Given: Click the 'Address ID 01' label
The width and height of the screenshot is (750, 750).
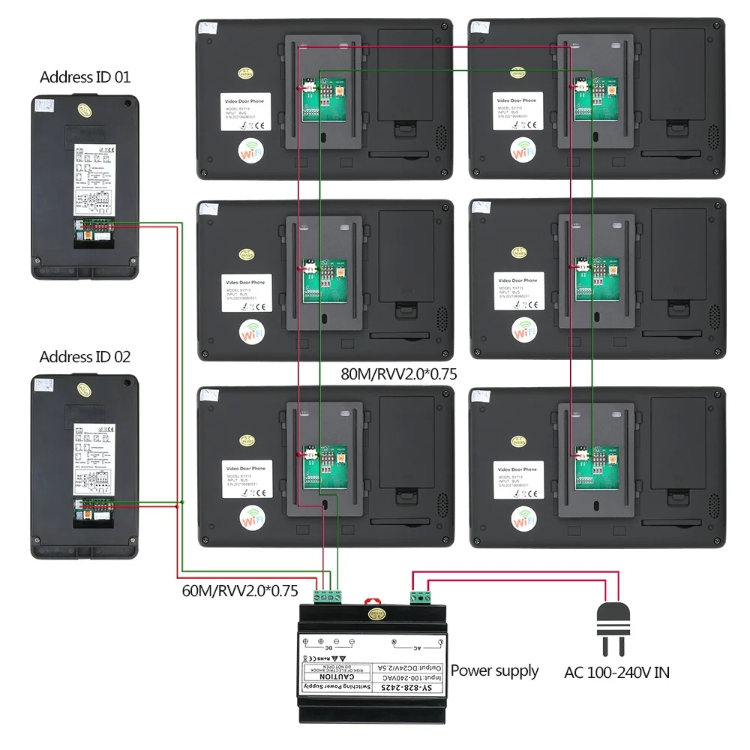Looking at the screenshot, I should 85,76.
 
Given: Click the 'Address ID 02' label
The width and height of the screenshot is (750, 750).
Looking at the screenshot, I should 85,357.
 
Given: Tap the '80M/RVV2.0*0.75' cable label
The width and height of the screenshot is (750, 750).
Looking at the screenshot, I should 398,373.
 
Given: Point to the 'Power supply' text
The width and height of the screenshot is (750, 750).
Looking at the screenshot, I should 494,670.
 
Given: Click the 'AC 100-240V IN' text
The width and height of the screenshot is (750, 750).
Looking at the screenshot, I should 616,672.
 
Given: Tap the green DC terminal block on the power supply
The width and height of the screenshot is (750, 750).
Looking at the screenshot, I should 330,596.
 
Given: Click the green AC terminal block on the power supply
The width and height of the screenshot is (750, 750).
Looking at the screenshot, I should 421,596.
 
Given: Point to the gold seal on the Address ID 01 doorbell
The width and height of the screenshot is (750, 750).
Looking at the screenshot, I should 84,110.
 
